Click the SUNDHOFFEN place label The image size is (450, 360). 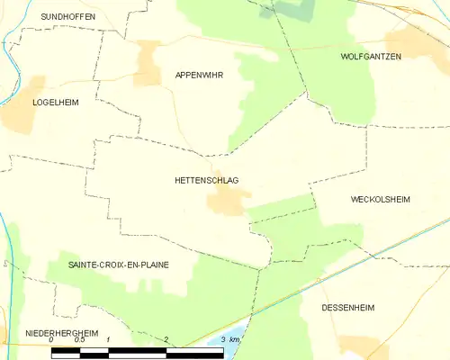tap(69, 16)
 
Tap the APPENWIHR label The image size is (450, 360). tap(199, 76)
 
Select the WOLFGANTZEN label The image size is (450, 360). tap(371, 56)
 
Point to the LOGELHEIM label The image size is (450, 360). tap(56, 103)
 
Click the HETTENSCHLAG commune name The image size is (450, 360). tap(206, 181)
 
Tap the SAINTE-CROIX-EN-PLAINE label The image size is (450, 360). tap(119, 265)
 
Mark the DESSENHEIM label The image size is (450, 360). tap(348, 307)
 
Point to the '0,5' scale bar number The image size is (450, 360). tap(79, 339)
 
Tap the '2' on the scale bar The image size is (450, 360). tap(166, 339)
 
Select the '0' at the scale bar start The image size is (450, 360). tap(53, 339)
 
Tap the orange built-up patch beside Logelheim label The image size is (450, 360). tap(17, 117)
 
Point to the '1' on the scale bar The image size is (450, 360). tap(109, 339)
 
